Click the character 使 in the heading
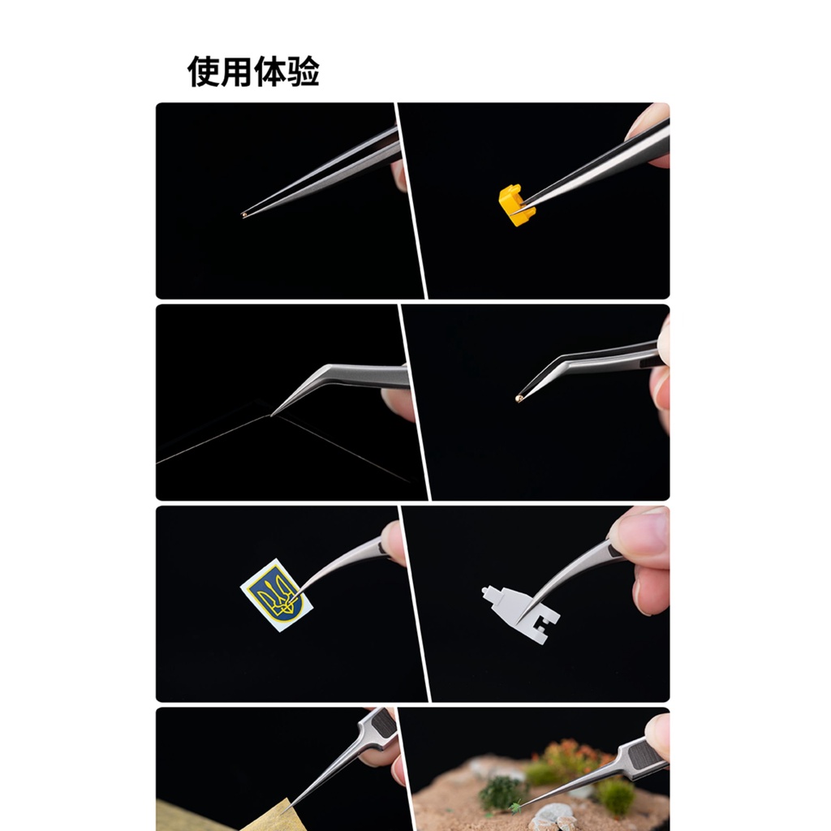tap(204, 71)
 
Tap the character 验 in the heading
tap(303, 71)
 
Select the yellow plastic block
tap(517, 205)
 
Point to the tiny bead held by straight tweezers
tap(243, 214)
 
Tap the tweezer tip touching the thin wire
tap(272, 415)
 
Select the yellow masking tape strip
tap(228, 816)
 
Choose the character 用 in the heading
tap(236, 71)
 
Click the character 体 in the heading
tap(269, 71)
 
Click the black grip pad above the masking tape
tap(383, 723)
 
